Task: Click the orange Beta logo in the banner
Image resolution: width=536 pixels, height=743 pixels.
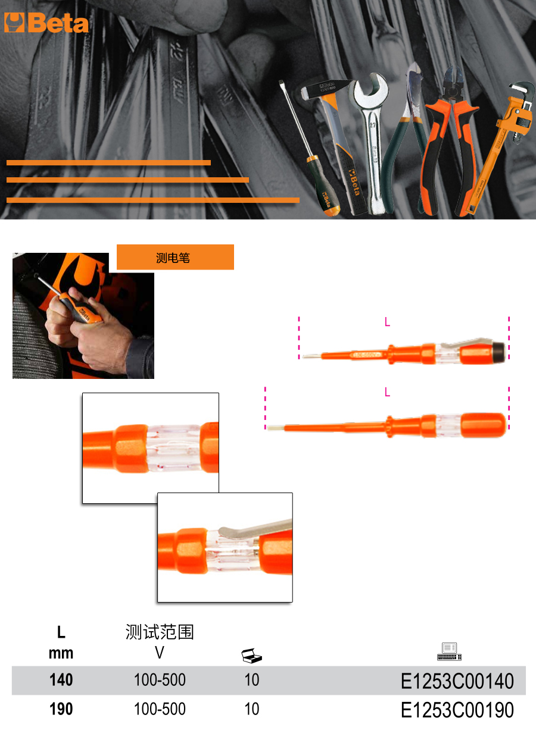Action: (x=46, y=23)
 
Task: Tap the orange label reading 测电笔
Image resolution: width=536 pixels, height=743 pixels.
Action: (x=175, y=257)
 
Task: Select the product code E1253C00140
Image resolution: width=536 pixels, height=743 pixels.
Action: (x=457, y=681)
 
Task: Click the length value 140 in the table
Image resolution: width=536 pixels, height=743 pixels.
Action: (x=61, y=680)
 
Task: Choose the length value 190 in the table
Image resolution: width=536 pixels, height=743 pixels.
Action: (x=61, y=709)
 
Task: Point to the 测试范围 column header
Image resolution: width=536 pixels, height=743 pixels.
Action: (x=160, y=632)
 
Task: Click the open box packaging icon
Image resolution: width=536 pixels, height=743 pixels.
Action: (x=251, y=656)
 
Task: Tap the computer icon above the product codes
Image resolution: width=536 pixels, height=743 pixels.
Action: (x=449, y=652)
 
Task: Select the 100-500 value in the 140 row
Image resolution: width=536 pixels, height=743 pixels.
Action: (x=160, y=680)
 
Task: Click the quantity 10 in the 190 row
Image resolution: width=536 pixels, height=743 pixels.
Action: (x=252, y=709)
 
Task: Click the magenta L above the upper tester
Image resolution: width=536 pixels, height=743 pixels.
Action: (x=387, y=321)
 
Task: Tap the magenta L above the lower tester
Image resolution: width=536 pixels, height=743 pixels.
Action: (x=387, y=392)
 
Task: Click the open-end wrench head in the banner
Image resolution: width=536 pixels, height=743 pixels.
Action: (x=370, y=93)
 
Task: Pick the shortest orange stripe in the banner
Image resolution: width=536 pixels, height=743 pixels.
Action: (x=108, y=162)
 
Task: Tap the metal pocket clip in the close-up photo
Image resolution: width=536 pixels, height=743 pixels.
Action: (x=255, y=529)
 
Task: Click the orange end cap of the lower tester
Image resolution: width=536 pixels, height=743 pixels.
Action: (x=484, y=425)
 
